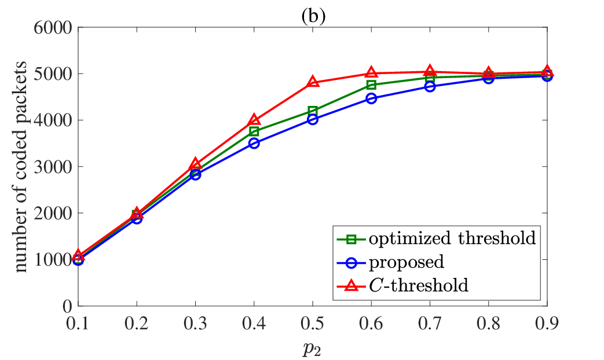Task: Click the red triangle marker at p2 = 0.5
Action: click(312, 82)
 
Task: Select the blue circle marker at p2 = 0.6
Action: click(371, 98)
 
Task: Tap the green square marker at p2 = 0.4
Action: click(254, 131)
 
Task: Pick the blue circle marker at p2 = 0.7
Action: click(430, 87)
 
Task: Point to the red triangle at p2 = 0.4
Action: click(254, 120)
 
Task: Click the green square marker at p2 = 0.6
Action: click(371, 85)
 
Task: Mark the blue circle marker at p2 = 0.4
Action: click(254, 143)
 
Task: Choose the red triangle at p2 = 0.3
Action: click(195, 164)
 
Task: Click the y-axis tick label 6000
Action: click(53, 28)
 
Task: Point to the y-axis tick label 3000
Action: click(53, 167)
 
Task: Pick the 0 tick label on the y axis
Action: click(67, 306)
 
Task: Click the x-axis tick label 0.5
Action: click(312, 324)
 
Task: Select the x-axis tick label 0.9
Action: click(547, 324)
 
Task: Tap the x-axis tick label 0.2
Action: click(137, 324)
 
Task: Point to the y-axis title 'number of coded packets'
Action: click(21, 167)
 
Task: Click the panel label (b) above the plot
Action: click(313, 16)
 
